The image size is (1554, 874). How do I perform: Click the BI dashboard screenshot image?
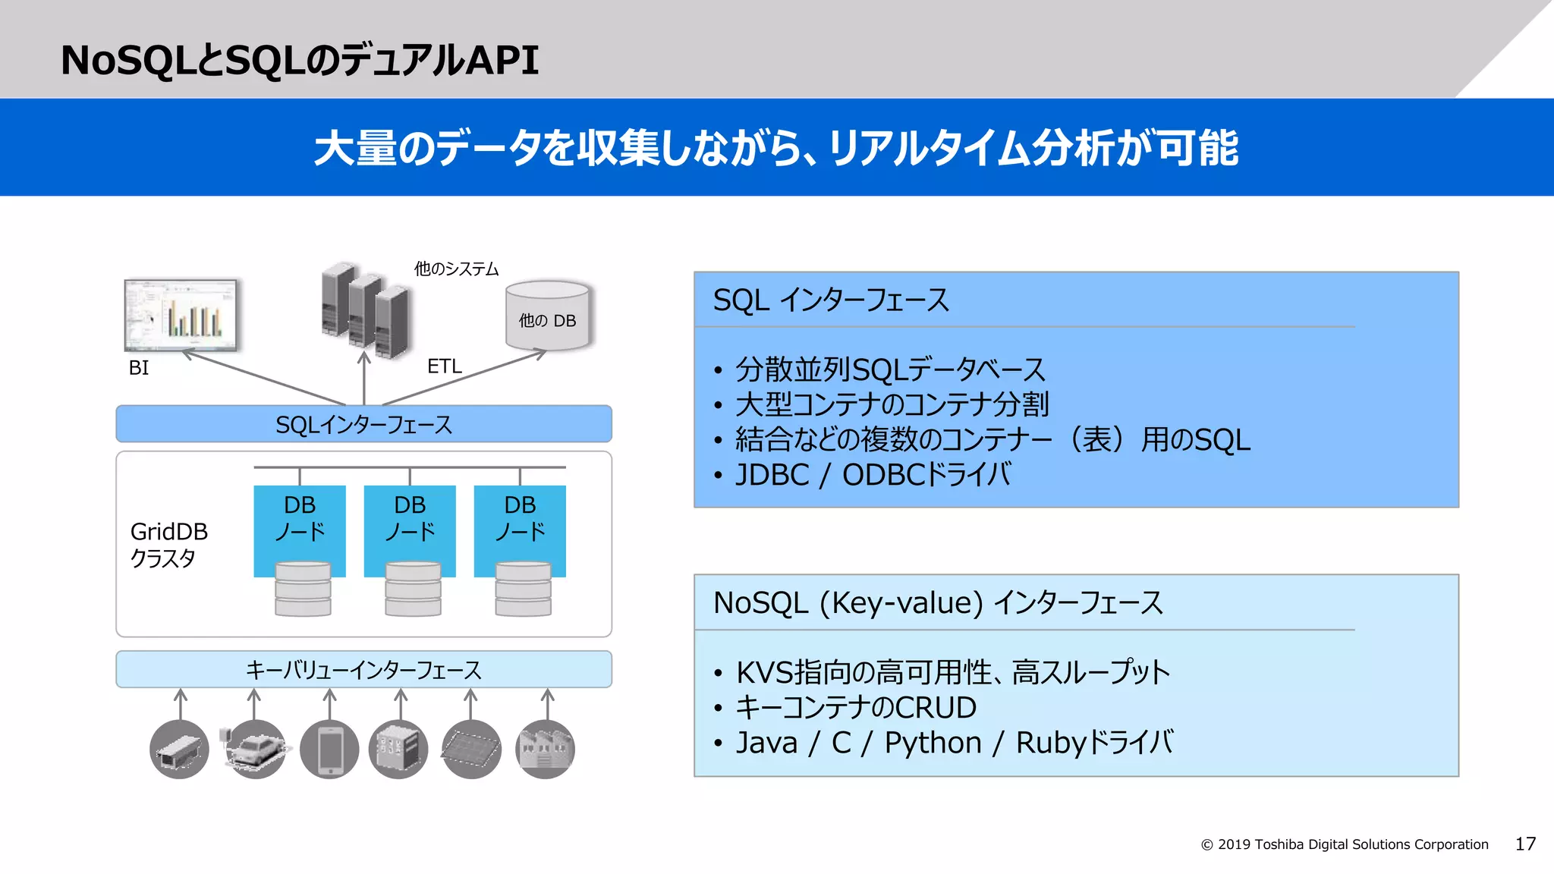[x=181, y=314]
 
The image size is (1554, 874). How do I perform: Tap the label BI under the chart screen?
[x=139, y=368]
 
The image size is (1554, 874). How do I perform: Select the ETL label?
[x=444, y=366]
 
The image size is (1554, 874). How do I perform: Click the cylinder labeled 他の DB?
[x=547, y=316]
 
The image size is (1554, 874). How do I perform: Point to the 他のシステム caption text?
[x=456, y=269]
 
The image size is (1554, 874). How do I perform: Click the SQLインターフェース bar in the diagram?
[x=363, y=424]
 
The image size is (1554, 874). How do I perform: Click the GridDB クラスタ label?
[x=168, y=544]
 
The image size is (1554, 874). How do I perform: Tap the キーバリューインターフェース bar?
[x=363, y=670]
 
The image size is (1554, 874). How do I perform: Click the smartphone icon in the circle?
[x=329, y=750]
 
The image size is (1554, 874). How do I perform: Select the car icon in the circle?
[x=256, y=750]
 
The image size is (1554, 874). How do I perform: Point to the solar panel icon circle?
[x=471, y=750]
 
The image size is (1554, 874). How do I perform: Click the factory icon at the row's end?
[x=545, y=750]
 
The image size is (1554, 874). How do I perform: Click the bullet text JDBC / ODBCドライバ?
[x=873, y=475]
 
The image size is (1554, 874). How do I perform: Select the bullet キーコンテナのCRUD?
[x=856, y=707]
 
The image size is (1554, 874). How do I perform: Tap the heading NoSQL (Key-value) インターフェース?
[x=938, y=603]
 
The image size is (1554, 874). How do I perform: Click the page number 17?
[x=1525, y=844]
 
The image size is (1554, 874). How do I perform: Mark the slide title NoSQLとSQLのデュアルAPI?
[x=300, y=60]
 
